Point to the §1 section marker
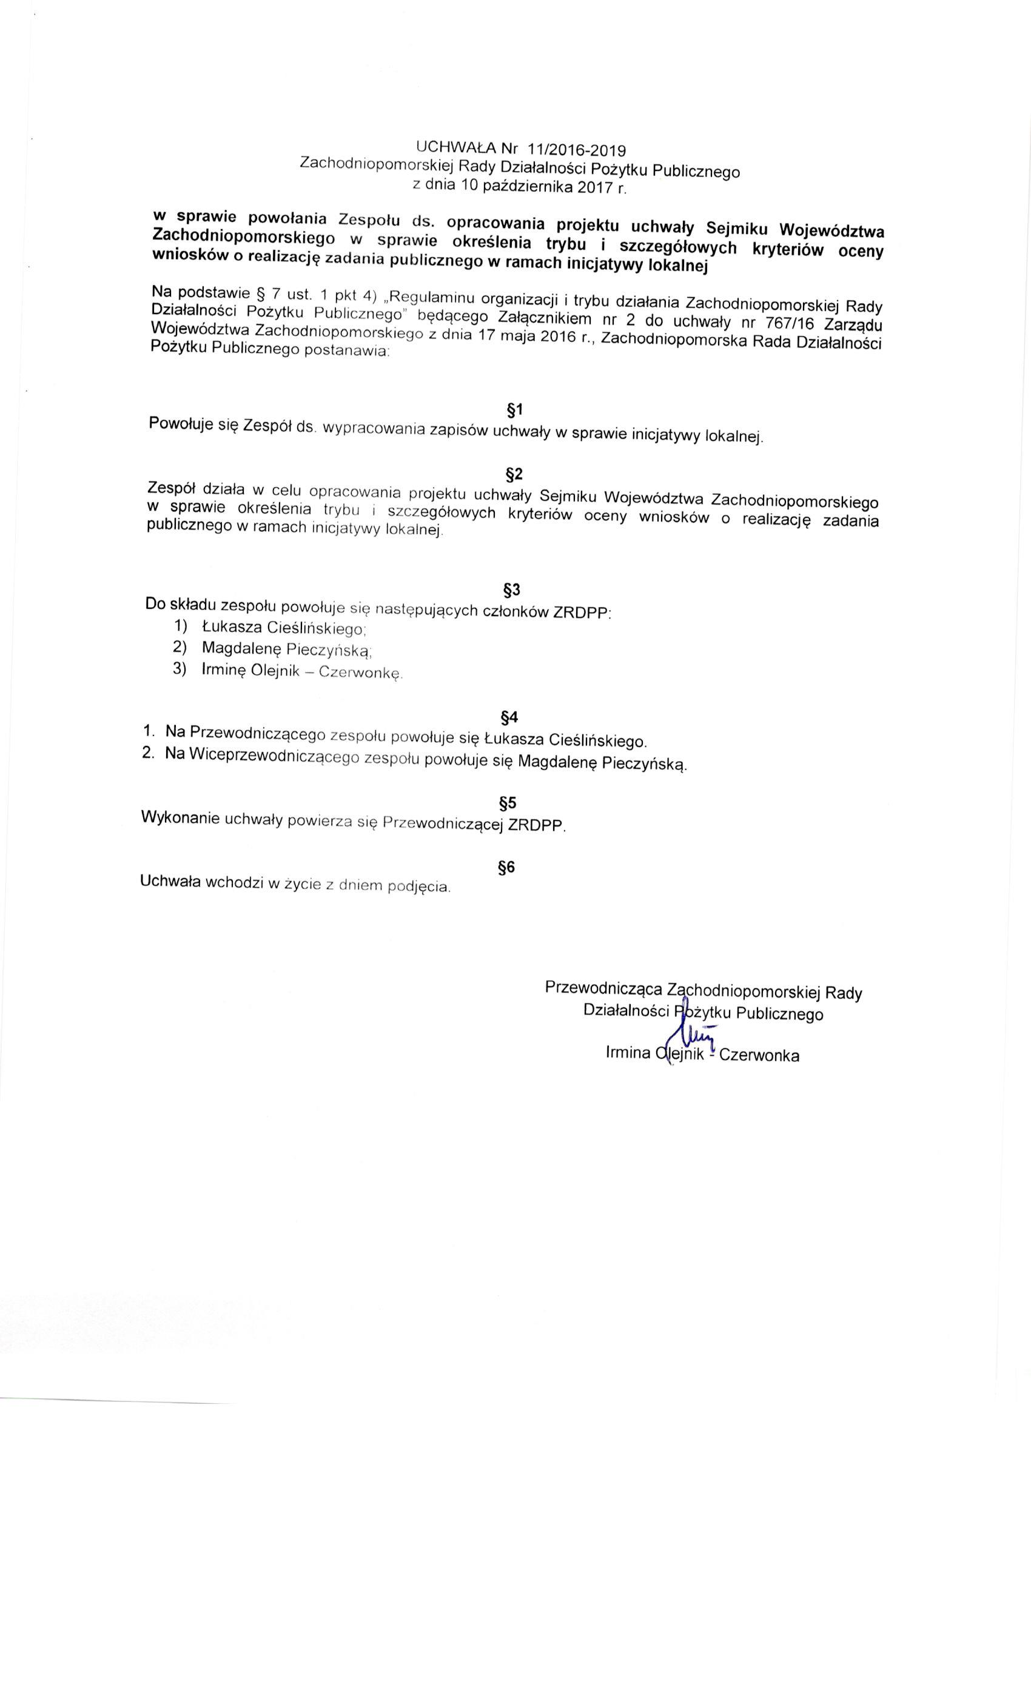click(x=515, y=411)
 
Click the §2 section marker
click(x=514, y=474)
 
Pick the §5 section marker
click(x=507, y=804)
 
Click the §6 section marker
click(x=506, y=868)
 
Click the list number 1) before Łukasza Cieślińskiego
click(x=181, y=626)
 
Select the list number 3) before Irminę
click(x=180, y=670)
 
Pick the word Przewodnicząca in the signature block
click(x=603, y=988)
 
